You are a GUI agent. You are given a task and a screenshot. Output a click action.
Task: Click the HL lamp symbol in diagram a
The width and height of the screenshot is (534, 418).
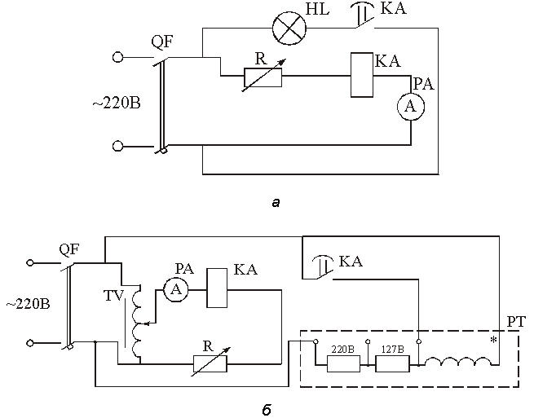(x=289, y=29)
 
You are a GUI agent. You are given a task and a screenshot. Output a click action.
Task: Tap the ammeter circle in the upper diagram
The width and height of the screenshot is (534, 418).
(x=411, y=107)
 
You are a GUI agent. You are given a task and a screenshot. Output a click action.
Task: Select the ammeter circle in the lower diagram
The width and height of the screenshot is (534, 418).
(x=176, y=289)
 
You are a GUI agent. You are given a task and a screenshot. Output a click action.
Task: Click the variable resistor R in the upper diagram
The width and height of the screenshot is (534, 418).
(x=263, y=77)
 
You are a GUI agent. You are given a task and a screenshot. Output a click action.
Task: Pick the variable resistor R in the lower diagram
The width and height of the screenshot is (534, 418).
(x=210, y=364)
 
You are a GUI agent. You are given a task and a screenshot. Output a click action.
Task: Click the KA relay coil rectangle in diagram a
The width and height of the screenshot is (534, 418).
(x=362, y=75)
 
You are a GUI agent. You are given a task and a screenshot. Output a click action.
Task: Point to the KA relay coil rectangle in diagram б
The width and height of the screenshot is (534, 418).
(x=218, y=288)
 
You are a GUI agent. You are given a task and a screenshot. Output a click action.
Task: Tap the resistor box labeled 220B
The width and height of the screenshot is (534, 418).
(x=343, y=364)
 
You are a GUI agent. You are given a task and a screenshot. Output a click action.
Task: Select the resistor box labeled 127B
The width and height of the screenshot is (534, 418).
(x=392, y=364)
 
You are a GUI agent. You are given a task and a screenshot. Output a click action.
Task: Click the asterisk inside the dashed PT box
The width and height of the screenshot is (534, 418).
(x=493, y=340)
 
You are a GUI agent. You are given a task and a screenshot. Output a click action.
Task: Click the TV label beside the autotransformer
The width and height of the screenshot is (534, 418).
(x=113, y=296)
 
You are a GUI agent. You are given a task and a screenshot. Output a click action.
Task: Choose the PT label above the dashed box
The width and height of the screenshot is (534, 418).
(x=516, y=321)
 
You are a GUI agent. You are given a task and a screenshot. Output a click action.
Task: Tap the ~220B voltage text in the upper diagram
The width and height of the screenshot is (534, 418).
(x=116, y=103)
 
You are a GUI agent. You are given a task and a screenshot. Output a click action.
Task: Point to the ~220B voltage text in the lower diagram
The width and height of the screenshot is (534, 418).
(x=28, y=304)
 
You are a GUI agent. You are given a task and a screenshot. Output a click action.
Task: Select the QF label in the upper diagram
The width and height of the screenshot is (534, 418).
(x=162, y=42)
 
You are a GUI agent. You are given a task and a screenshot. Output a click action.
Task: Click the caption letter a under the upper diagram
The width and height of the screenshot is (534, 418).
(x=276, y=203)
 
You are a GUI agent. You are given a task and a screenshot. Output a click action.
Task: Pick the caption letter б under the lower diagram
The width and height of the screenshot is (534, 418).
(x=267, y=410)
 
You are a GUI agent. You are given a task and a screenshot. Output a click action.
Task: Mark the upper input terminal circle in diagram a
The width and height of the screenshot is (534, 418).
(x=117, y=57)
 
